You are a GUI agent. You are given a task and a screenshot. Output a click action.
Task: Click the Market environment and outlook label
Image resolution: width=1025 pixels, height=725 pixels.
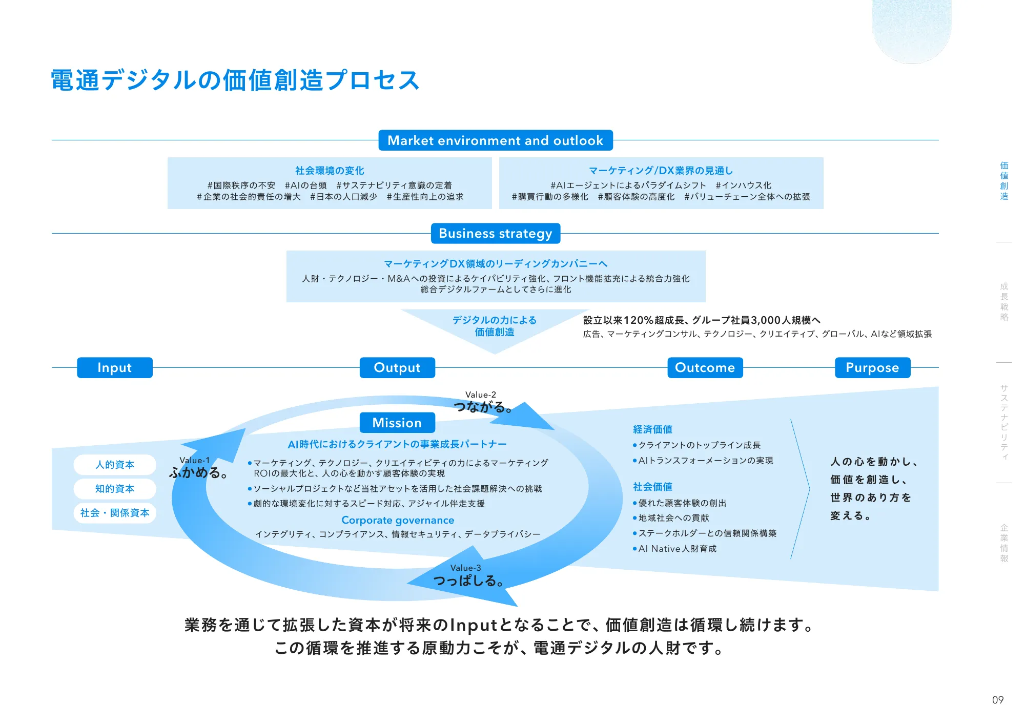coord(495,140)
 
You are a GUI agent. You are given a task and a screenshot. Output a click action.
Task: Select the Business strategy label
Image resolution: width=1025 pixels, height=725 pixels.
coord(495,234)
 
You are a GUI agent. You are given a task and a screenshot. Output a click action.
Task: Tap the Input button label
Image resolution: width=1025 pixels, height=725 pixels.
coord(115,368)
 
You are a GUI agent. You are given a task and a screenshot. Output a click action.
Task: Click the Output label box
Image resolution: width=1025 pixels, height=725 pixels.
coord(397,368)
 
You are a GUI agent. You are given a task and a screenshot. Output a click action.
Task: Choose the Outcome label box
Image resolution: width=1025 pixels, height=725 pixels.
coord(705,368)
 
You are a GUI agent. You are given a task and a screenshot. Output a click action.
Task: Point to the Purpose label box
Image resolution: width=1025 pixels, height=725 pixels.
coord(872,368)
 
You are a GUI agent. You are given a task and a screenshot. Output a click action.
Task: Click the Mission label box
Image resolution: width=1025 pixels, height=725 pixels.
coord(397,423)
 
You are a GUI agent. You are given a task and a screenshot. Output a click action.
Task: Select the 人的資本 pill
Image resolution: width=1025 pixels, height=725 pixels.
coord(115,465)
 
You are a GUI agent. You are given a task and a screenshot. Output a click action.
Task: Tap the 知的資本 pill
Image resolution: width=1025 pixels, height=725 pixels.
coord(115,489)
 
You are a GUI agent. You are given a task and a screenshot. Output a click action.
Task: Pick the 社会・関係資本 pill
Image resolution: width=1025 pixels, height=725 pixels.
coord(115,513)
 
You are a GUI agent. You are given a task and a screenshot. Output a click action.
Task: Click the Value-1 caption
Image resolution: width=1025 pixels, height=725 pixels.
coord(194,460)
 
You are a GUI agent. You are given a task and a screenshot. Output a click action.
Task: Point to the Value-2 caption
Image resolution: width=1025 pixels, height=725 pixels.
coord(481,395)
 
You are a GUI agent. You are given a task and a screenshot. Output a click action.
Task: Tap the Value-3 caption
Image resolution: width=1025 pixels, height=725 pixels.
coord(465,568)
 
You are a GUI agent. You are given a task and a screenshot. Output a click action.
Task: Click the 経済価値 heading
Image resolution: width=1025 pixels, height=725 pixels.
coord(652,429)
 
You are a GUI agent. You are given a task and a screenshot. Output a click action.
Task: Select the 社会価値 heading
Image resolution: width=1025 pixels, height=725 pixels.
coord(652,487)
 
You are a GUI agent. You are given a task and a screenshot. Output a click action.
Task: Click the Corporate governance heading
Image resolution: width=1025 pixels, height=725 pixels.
coord(398,520)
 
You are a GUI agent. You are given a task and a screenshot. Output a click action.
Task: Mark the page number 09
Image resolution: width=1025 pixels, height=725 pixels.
coord(997,700)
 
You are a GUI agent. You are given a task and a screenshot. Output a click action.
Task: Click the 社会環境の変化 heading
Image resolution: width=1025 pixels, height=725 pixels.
coord(330,171)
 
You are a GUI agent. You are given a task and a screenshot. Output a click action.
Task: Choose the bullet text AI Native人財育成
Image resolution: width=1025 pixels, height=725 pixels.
coord(677,549)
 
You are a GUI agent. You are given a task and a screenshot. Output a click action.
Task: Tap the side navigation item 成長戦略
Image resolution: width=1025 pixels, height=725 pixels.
coord(1004,302)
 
